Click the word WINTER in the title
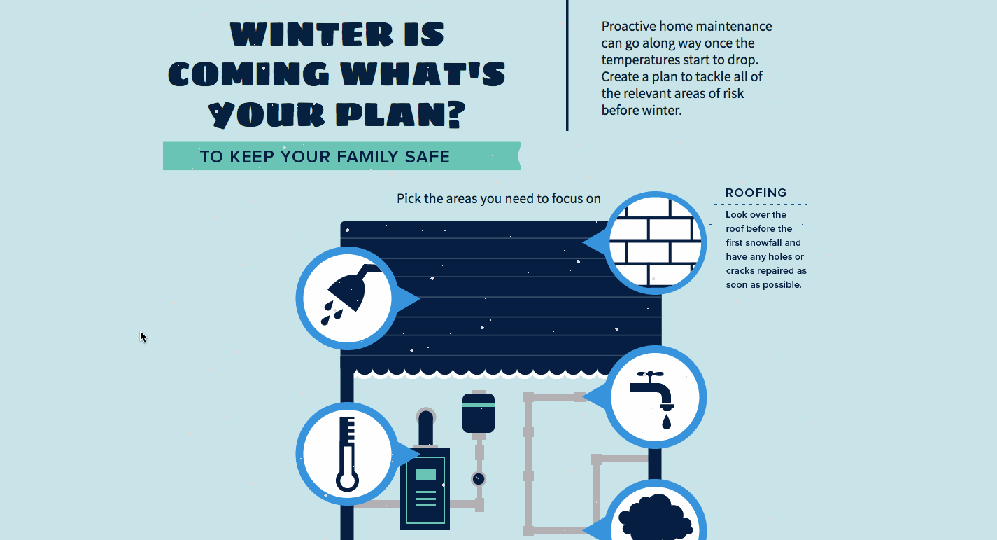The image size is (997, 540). (x=312, y=34)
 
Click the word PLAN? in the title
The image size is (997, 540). (x=400, y=114)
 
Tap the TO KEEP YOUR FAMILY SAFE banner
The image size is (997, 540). (x=342, y=156)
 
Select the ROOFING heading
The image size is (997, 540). (x=756, y=193)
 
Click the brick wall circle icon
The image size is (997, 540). (x=655, y=243)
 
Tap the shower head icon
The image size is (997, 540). (x=350, y=294)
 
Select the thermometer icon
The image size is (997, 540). (x=347, y=454)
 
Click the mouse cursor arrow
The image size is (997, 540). (x=143, y=337)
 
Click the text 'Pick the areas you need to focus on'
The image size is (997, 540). (x=498, y=198)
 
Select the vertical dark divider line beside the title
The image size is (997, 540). (x=567, y=66)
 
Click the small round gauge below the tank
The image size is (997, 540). (x=479, y=479)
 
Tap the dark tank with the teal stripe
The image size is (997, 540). (x=479, y=413)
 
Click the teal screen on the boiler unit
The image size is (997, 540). (x=425, y=474)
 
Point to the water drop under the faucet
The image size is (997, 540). (x=666, y=422)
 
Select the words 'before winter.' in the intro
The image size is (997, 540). (x=642, y=110)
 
